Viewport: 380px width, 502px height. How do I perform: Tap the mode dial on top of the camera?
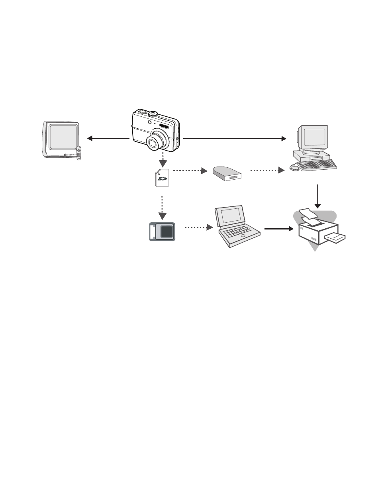point(153,114)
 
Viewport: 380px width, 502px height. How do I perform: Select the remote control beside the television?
point(78,153)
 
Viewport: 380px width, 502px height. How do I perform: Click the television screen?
point(63,137)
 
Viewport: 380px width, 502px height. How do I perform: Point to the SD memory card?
point(162,178)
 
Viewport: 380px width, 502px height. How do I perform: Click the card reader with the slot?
point(227,174)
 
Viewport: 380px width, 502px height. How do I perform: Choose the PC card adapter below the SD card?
point(163,231)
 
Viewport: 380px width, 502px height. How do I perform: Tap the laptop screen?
point(231,215)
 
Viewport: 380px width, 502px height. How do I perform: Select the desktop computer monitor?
point(313,138)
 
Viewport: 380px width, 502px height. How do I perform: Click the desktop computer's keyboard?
point(318,165)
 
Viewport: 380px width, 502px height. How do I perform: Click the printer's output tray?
point(335,237)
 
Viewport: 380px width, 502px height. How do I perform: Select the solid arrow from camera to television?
point(108,138)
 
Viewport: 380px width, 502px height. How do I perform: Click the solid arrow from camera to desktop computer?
point(235,138)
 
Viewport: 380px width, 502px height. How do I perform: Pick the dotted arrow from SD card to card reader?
point(190,171)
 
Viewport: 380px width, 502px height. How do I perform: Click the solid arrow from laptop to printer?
point(279,229)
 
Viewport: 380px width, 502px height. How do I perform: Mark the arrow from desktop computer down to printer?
point(317,196)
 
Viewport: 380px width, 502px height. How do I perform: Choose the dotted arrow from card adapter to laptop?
point(199,227)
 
